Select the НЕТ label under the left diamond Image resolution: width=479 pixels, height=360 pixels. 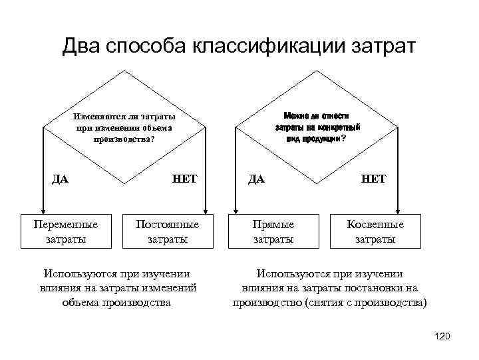pyautogui.click(x=184, y=179)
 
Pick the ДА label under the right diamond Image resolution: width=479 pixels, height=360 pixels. pyautogui.click(x=256, y=179)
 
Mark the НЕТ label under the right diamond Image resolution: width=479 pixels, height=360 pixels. pyautogui.click(x=373, y=179)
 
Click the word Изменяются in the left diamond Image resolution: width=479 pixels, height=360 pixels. pyautogui.click(x=98, y=117)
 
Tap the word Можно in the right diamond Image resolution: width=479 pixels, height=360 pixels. pyautogui.click(x=297, y=115)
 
